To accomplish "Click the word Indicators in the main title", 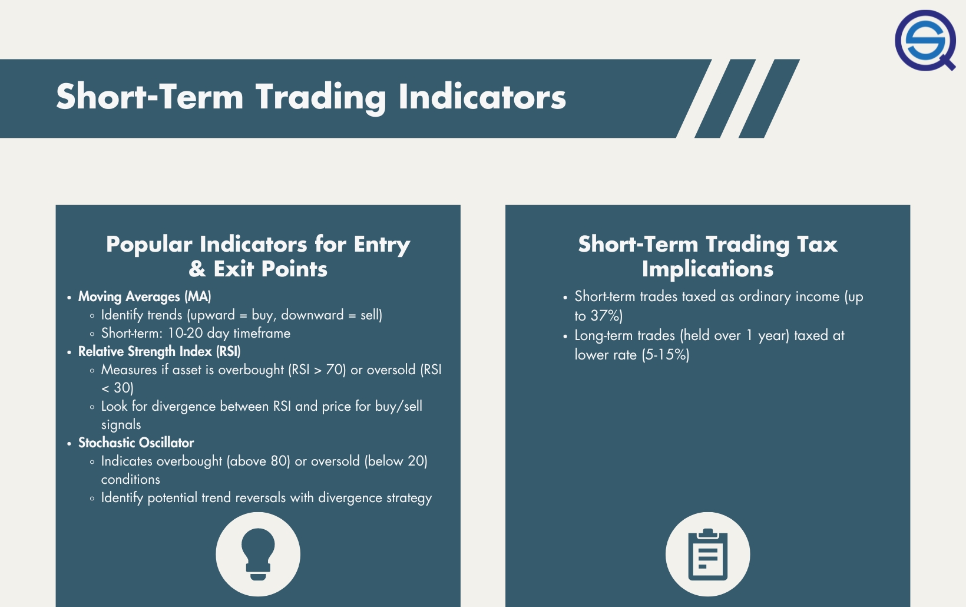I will (x=482, y=97).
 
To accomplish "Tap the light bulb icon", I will (x=258, y=554).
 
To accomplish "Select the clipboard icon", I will (x=707, y=554).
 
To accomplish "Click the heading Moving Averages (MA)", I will (x=144, y=296).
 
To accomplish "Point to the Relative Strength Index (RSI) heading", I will (x=159, y=351).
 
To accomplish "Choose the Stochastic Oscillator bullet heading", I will (x=136, y=443).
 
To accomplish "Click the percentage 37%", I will (x=606, y=316).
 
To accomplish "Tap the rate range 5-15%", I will (x=666, y=355).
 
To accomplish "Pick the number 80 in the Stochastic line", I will (x=279, y=461).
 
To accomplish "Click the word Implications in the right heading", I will (x=707, y=269).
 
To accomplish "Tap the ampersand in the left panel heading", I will (x=197, y=269).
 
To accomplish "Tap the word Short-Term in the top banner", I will (x=150, y=97).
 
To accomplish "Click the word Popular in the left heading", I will (x=149, y=244).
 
